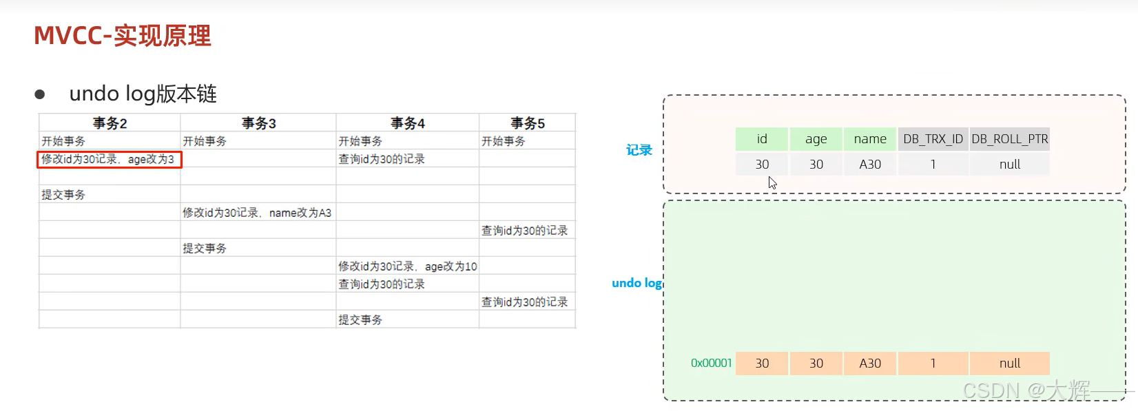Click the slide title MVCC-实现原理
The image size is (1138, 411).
point(122,36)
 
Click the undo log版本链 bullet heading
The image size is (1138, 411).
point(143,94)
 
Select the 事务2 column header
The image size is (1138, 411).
point(110,123)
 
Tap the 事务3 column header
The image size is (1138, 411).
point(259,123)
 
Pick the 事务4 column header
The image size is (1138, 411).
point(408,123)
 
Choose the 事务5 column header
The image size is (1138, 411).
point(528,123)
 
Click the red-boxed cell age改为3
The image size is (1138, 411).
point(109,160)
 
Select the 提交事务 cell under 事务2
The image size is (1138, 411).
point(63,195)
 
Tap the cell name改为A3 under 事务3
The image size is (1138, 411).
point(257,213)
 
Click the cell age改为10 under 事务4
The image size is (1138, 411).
point(407,266)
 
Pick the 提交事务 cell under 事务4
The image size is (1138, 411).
point(360,320)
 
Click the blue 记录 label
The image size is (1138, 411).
point(639,150)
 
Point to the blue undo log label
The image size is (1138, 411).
point(636,283)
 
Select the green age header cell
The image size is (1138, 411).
point(816,139)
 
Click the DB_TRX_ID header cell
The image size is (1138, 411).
point(933,139)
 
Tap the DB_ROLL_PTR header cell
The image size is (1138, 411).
point(1010,139)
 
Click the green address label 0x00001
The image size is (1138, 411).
point(711,363)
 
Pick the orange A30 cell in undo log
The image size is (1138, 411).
point(870,363)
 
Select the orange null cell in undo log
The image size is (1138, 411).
point(1010,363)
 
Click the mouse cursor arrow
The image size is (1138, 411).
point(772,182)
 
